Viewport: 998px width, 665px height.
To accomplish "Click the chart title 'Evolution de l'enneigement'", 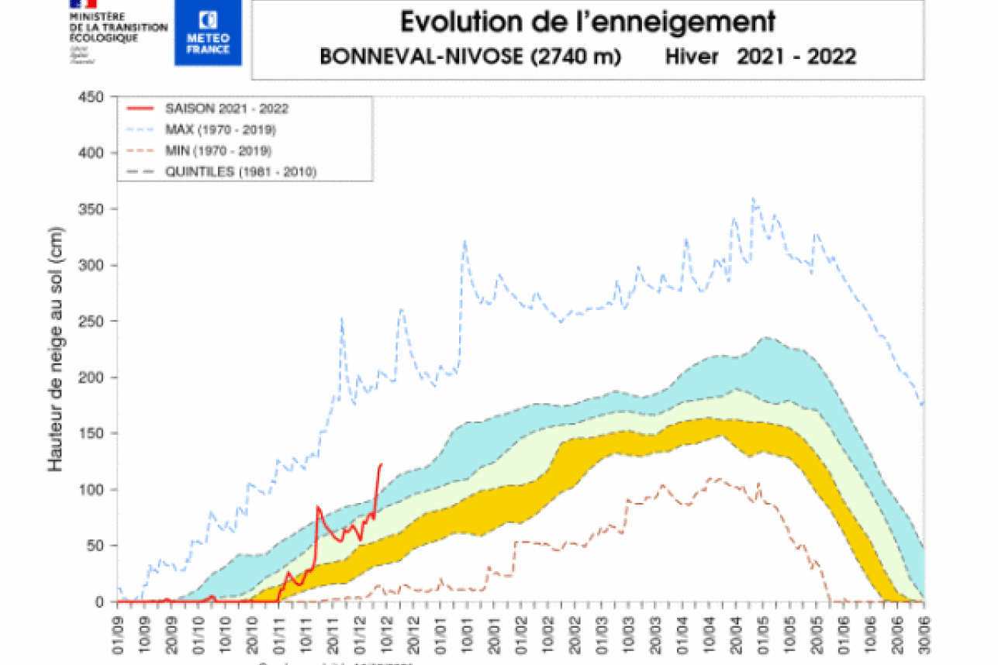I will click(x=587, y=22).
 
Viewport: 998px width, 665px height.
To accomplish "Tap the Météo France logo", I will click(x=208, y=33).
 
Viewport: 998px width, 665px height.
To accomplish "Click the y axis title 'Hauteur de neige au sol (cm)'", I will click(x=56, y=349).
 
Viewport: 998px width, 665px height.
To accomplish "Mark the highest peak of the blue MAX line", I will click(x=753, y=199).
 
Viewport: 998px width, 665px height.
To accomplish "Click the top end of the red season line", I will click(x=381, y=464).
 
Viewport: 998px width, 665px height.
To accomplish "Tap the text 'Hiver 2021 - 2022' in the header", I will click(x=760, y=57).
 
